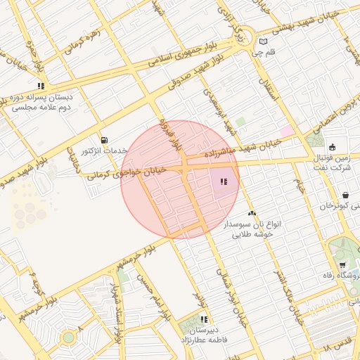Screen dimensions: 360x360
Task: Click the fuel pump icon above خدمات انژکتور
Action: click(105, 140)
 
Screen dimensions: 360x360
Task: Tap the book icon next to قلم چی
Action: click(263, 41)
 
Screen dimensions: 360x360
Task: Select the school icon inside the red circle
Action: click(223, 182)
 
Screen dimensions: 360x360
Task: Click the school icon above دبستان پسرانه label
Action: click(41, 86)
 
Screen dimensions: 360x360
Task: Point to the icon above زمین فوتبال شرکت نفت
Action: click(332, 146)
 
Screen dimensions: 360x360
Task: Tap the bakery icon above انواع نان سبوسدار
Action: click(252, 212)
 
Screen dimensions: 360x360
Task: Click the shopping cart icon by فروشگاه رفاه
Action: click(342, 265)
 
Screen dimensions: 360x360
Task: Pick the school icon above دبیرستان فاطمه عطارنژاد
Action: click(204, 319)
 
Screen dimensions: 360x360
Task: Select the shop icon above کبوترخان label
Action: click(345, 195)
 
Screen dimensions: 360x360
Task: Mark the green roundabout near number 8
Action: click(67, 337)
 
